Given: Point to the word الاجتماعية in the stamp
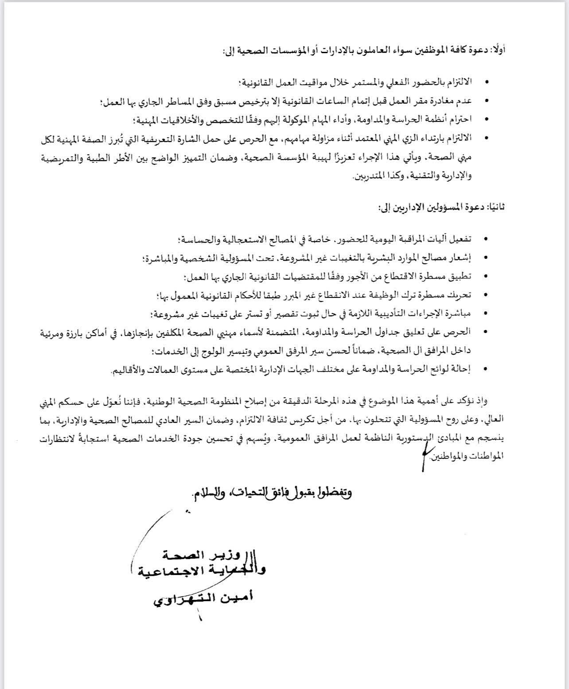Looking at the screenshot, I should pyautogui.click(x=170, y=571).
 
